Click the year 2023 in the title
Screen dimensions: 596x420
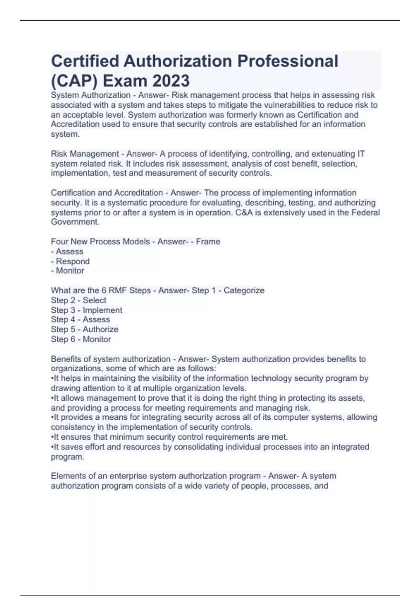[171, 81]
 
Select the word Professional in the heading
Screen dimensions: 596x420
[288, 61]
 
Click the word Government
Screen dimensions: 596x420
[75, 222]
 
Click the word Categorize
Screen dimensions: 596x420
[244, 290]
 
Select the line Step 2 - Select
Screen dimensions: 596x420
[78, 300]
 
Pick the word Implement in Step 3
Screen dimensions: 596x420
[102, 310]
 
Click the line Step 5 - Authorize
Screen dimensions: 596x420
[84, 329]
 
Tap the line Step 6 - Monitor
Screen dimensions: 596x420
[81, 339]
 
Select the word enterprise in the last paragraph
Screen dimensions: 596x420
[128, 476]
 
